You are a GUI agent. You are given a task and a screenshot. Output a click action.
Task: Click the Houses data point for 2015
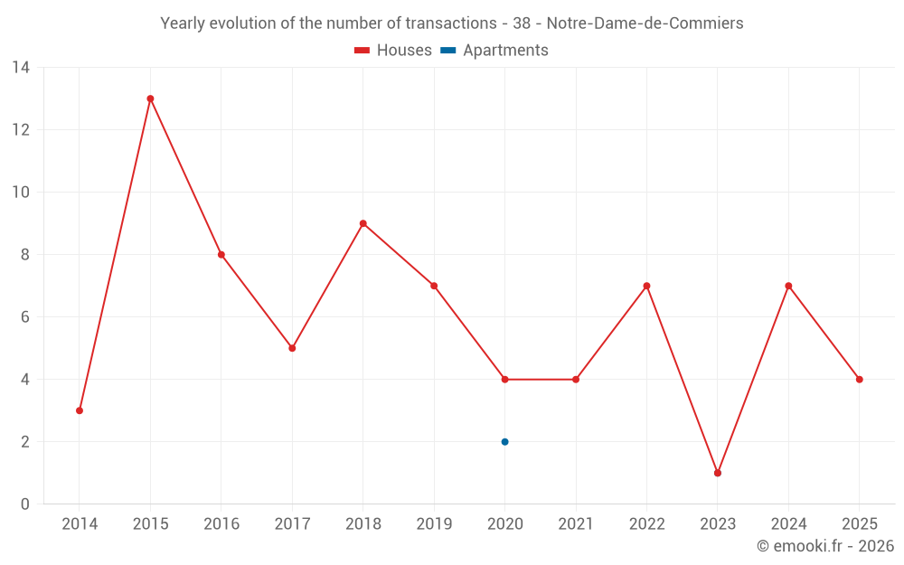point(150,99)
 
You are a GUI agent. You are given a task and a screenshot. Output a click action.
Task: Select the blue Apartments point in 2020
point(504,442)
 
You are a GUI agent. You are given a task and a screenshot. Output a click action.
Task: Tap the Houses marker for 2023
point(718,473)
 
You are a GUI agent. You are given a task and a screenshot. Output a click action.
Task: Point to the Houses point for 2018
point(363,223)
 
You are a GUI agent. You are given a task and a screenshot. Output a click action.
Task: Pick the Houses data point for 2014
point(80,410)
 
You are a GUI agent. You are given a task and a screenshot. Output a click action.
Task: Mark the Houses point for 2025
point(859,380)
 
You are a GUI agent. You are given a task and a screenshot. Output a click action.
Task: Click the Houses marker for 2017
point(292,348)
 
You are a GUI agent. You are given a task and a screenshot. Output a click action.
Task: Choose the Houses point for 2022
point(646,286)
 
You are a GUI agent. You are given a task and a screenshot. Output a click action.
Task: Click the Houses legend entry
point(393,51)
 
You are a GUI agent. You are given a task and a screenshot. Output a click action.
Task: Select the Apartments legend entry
point(494,51)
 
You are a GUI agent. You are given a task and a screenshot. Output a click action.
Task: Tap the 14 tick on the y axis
point(21,68)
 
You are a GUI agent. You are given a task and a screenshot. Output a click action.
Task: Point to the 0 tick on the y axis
point(25,504)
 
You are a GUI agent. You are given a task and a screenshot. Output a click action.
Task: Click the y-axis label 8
point(25,255)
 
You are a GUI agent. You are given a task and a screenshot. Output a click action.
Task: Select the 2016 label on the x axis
point(221,524)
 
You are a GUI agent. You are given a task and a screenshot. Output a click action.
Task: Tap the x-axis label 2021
point(576,524)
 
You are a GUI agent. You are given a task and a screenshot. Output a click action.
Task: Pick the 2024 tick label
point(788,524)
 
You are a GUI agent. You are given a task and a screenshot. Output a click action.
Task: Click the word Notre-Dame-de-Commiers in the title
point(645,24)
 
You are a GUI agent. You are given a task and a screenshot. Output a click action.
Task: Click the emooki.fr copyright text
point(825,546)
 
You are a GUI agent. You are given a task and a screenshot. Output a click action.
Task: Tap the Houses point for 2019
point(434,286)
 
